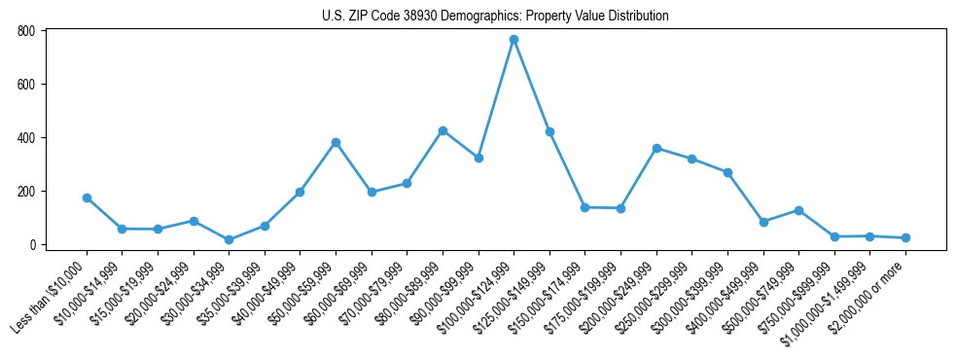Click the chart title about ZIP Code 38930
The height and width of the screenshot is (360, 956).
point(495,16)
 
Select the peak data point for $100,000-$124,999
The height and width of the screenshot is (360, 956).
point(513,40)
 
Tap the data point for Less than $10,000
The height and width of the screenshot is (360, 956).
point(87,198)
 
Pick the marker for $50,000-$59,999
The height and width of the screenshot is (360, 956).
point(336,142)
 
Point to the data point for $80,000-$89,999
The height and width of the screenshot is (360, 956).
point(443,130)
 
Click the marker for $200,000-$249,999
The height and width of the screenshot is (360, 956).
point(656,148)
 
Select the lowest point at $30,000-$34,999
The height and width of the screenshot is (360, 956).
point(229,239)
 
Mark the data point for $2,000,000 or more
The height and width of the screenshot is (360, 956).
point(905,237)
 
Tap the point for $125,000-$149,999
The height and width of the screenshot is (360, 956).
point(549,131)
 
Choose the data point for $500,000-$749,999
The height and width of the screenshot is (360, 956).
point(798,210)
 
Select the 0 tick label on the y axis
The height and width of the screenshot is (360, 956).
point(31,244)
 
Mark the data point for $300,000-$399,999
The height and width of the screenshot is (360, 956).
point(727,172)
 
